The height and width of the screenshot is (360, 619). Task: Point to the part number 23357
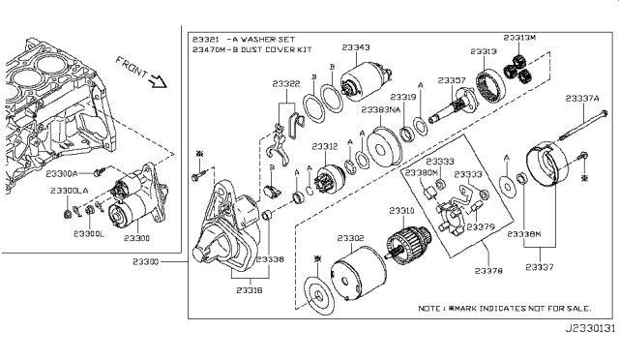tap(452, 80)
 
